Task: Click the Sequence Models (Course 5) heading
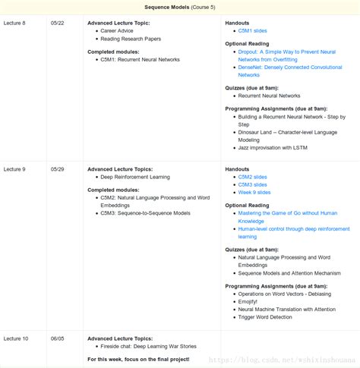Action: (180, 6)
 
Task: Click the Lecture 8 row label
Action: (15, 24)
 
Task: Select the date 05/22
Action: (58, 24)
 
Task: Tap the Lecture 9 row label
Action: (15, 169)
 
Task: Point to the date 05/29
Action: (58, 169)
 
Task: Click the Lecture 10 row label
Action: (17, 338)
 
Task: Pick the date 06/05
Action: (58, 338)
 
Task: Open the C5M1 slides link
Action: (254, 32)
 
